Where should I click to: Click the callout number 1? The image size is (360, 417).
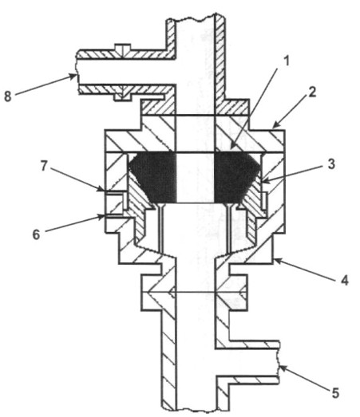(x=287, y=61)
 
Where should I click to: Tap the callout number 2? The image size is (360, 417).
(x=312, y=92)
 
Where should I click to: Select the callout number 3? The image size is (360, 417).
(x=331, y=164)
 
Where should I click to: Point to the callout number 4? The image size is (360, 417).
(x=345, y=281)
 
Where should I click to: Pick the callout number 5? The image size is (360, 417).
(x=335, y=393)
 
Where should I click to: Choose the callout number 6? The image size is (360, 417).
(x=36, y=234)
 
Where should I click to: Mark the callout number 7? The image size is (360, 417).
(x=44, y=166)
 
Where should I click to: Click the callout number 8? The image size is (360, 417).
(x=8, y=96)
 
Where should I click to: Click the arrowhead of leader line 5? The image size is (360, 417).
(x=283, y=369)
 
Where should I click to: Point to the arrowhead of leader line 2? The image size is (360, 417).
(x=275, y=125)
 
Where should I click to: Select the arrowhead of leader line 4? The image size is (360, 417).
(x=278, y=261)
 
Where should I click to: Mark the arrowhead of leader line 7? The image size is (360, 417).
(x=101, y=189)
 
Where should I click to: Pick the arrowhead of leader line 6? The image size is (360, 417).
(x=101, y=217)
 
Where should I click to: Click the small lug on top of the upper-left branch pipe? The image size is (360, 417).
(x=122, y=47)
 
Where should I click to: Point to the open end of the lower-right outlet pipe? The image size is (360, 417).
(x=278, y=362)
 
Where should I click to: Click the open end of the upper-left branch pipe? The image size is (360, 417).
(x=77, y=72)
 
